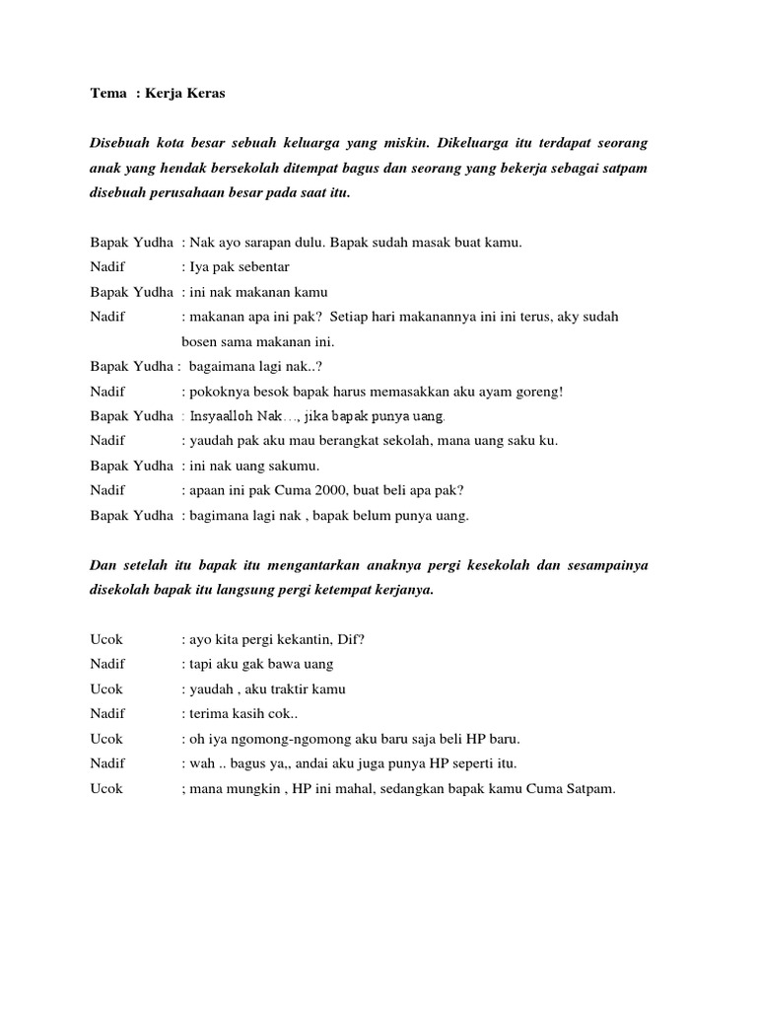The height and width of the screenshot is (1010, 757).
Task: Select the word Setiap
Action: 352,317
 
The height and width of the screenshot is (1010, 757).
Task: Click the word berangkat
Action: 351,441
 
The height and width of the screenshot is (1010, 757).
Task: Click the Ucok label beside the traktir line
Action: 106,688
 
